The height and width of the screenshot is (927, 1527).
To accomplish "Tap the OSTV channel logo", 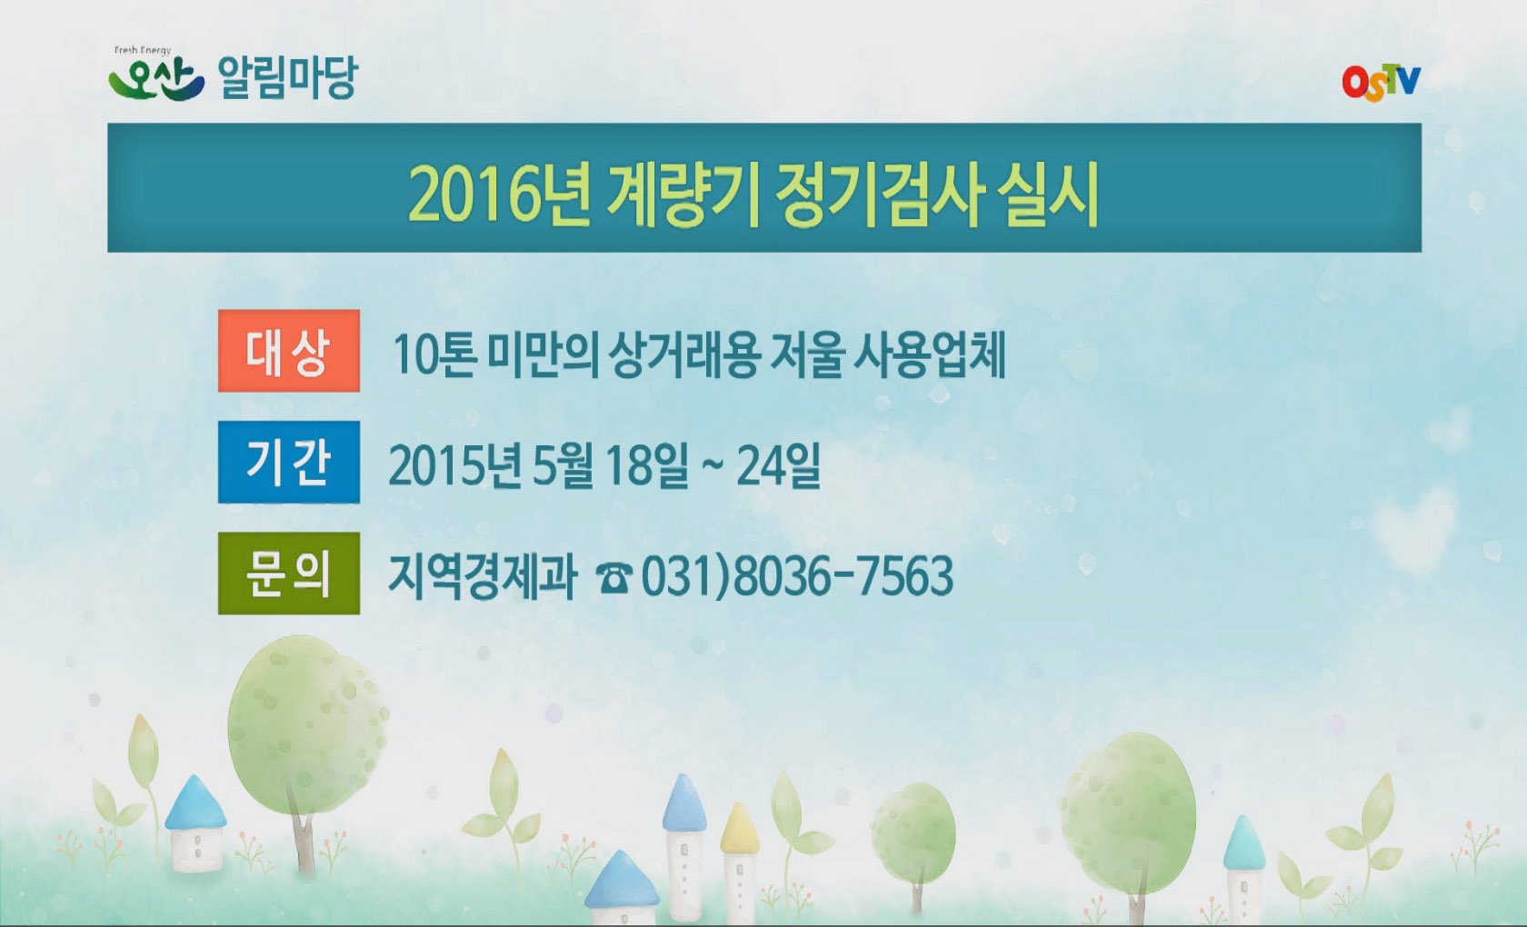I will point(1381,83).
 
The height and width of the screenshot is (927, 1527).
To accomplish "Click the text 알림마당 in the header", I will point(288,78).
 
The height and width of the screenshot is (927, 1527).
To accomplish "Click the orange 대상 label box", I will point(289,352).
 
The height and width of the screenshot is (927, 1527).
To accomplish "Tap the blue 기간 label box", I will point(289,463).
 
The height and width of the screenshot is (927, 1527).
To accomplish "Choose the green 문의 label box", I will point(289,573).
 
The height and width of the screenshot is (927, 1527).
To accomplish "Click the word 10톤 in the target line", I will point(434,354).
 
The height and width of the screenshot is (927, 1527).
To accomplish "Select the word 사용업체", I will point(929,354).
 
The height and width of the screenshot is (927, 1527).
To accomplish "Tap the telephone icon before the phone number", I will point(614,577).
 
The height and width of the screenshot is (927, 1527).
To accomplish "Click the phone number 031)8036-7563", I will point(797,576).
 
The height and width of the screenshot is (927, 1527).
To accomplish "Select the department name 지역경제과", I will point(483,576).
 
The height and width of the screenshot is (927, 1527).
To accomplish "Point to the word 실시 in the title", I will point(1048,194).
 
